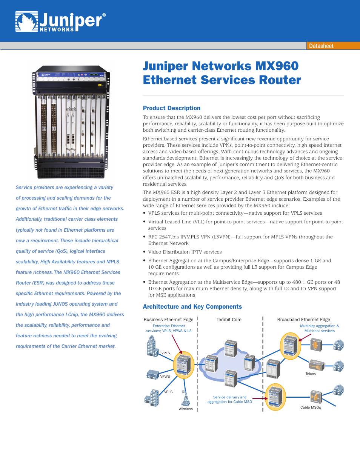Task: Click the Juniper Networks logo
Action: pos(60,22)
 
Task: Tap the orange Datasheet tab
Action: pos(321,46)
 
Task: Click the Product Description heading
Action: pos(172,108)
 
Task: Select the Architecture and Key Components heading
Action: pos(192,307)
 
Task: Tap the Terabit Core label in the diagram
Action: pos(229,320)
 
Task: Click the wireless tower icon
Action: pos(185,398)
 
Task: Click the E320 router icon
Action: pos(272,369)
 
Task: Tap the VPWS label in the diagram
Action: pos(165,377)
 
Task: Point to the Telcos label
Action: pos(311,374)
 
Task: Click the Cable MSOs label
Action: pos(311,408)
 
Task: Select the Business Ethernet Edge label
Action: pos(168,320)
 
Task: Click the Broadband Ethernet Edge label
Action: pos(303,320)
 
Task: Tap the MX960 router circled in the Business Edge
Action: pos(183,365)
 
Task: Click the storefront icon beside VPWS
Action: pos(152,375)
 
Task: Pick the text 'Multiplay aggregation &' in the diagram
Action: pos(319,326)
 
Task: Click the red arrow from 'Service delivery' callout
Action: pos(259,398)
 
